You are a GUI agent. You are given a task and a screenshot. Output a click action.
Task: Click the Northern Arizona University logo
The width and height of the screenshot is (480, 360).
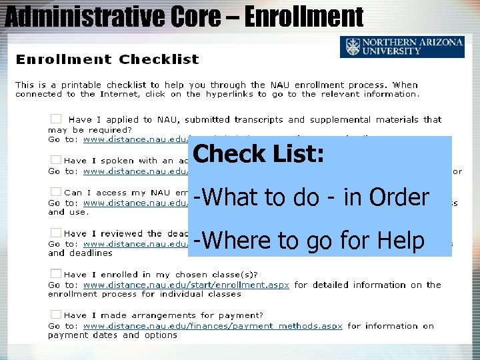[402, 47]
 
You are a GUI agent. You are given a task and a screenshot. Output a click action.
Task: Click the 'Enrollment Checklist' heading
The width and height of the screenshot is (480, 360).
[107, 59]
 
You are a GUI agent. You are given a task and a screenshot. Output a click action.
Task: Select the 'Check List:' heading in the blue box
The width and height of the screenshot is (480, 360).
[259, 154]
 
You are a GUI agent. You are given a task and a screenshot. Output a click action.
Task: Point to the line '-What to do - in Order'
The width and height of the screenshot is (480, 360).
[311, 197]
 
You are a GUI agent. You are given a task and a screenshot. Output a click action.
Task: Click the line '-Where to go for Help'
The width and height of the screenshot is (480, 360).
[309, 241]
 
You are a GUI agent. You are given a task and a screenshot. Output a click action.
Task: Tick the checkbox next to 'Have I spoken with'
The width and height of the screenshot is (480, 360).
[56, 160]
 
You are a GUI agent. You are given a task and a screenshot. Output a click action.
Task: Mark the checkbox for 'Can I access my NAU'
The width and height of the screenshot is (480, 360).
[56, 192]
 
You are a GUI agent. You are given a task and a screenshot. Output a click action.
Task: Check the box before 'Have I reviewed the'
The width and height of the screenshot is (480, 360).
[56, 233]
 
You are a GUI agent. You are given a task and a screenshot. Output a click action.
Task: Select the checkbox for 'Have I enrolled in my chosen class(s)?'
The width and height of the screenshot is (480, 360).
[56, 274]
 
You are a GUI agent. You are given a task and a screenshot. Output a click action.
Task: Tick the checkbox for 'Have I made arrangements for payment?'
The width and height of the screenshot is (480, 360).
[56, 315]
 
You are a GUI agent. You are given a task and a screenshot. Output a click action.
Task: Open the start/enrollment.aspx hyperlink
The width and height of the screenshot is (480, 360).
[186, 285]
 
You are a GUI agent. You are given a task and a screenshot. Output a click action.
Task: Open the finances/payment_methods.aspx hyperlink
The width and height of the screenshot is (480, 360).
[213, 326]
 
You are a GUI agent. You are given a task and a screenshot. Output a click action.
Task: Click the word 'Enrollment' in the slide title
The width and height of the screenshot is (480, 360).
[304, 16]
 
